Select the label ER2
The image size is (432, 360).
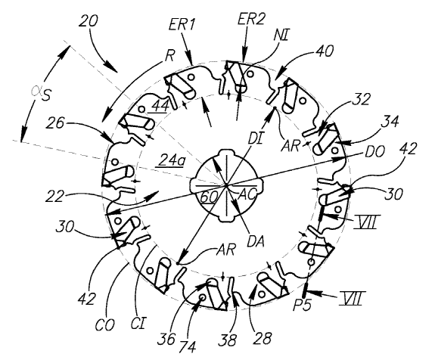click(252, 19)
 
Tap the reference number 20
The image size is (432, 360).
click(88, 21)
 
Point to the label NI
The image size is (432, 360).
click(281, 36)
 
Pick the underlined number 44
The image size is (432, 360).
click(161, 106)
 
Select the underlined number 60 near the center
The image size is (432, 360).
click(209, 197)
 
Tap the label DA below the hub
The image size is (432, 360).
click(256, 242)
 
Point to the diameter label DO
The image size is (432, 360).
click(375, 151)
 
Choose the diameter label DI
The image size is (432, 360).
click(255, 139)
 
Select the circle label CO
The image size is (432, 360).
click(105, 326)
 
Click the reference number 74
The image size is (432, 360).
click(188, 348)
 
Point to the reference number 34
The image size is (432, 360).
click(390, 121)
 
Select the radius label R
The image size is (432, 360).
click(169, 56)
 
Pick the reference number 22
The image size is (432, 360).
click(54, 197)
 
